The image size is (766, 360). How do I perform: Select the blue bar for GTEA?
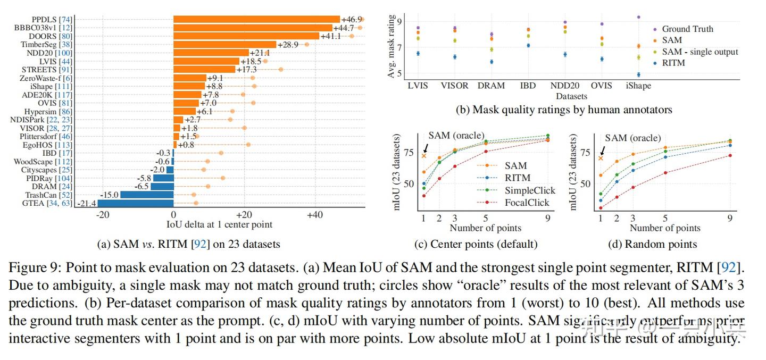click(x=135, y=203)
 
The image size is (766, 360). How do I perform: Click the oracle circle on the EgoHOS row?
click(x=248, y=145)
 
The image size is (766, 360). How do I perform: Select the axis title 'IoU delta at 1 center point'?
click(x=219, y=224)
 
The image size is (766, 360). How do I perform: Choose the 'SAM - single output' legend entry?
click(x=700, y=52)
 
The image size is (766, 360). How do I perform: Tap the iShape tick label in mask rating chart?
click(x=638, y=86)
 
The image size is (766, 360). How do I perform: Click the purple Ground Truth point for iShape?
click(x=638, y=17)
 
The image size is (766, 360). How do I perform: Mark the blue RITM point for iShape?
click(x=638, y=75)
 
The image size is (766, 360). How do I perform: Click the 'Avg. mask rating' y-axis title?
click(x=392, y=47)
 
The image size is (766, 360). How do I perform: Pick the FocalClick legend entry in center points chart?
click(x=527, y=203)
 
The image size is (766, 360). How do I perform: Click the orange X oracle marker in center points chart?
click(x=424, y=155)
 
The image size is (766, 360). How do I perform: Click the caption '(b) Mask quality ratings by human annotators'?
click(x=564, y=110)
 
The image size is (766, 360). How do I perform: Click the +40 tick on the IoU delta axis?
click(x=315, y=215)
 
